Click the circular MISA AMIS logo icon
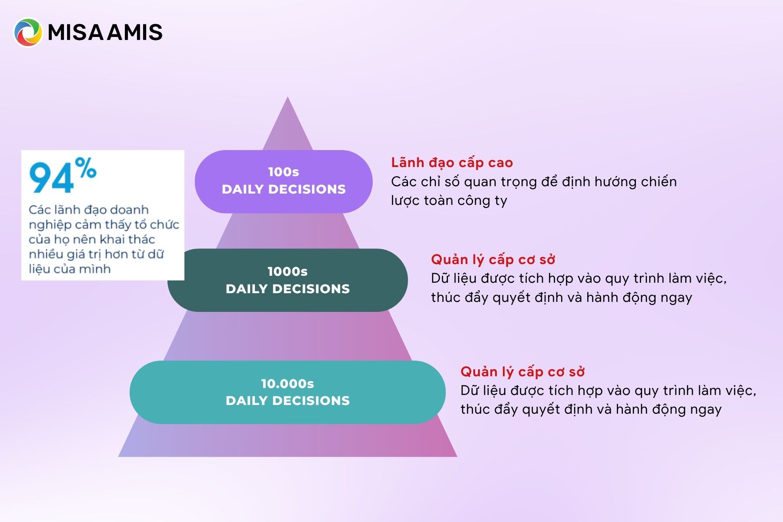(x=28, y=32)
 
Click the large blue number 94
(x=51, y=177)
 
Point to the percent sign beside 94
(x=85, y=167)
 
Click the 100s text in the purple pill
(x=284, y=172)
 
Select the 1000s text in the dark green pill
(x=288, y=271)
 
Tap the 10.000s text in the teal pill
(x=288, y=384)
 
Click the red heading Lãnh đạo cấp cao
(x=452, y=163)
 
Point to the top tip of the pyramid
(x=288, y=97)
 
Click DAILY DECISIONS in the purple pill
(x=284, y=189)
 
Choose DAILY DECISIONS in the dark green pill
(x=288, y=289)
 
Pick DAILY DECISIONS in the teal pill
(x=288, y=401)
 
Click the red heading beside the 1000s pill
(x=493, y=260)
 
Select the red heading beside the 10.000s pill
(x=523, y=372)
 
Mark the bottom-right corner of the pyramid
(x=457, y=456)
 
